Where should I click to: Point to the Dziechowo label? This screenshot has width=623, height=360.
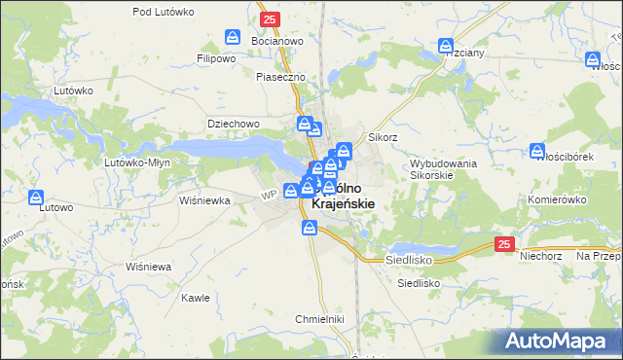(x=233, y=124)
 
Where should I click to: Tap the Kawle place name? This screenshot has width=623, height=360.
(x=196, y=298)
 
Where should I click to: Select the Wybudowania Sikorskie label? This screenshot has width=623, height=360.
(x=443, y=170)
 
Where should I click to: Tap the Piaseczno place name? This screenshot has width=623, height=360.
(x=280, y=77)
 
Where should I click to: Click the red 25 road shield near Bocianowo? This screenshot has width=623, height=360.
(x=270, y=18)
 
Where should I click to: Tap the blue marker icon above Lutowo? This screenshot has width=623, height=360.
(x=37, y=198)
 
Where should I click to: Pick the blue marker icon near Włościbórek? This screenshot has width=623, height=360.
(x=537, y=151)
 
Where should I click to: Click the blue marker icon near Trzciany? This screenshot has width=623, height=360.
(x=446, y=46)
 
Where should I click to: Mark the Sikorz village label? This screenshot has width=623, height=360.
(x=383, y=138)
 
